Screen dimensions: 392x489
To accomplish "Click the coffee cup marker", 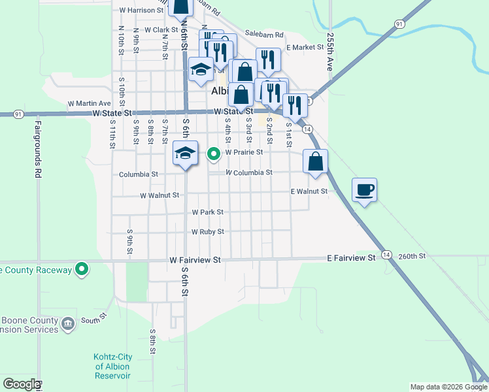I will pos(365,190).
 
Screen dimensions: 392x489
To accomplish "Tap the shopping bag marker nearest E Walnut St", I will pos(315,162).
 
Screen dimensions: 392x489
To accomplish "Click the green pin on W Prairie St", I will pos(213,154).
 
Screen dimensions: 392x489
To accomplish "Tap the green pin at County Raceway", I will pos(82,269).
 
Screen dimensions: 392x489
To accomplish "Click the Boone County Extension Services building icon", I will pos(68,324).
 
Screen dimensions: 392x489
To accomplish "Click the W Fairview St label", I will pos(195,259).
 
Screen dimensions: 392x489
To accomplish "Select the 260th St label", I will pos(412,256).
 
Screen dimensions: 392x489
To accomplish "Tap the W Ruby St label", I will pos(208,232).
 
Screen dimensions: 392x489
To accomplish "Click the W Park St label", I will pos(208,212).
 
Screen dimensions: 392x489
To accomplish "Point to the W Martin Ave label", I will pos(90,103).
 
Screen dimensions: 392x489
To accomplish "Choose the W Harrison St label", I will pos(141,10).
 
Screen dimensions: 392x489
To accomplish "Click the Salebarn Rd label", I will pos(264,35).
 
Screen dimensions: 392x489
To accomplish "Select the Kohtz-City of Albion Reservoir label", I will pos(112,367).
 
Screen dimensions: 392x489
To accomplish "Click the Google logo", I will pos(22,384).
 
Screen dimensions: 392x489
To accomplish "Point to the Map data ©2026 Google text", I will pos(448,387).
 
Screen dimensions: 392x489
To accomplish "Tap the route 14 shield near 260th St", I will pos(387,254).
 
